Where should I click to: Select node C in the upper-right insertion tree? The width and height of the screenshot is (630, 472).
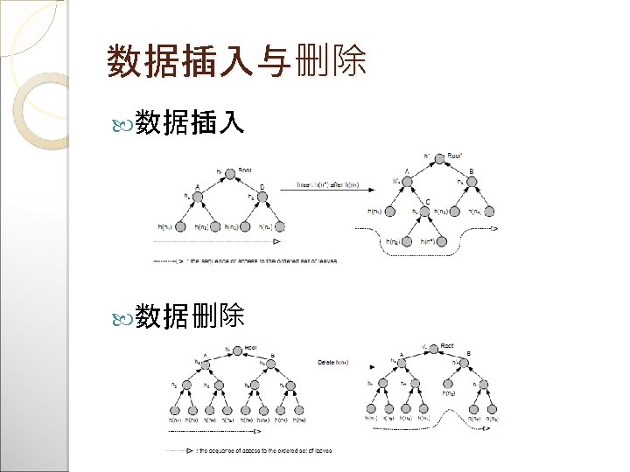pos(428,211)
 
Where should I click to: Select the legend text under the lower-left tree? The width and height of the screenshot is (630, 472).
pos(254,450)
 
